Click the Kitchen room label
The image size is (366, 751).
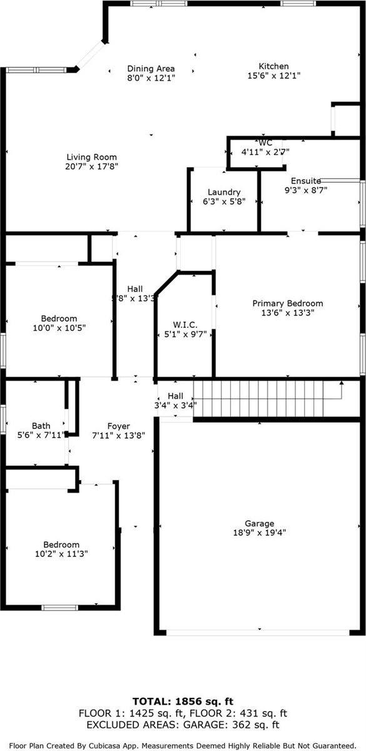(273, 66)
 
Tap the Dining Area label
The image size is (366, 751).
(151, 69)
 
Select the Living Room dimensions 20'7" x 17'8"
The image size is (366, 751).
(91, 166)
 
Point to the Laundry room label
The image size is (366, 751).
(224, 192)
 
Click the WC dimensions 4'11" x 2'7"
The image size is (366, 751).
(265, 152)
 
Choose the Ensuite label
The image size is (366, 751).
(306, 181)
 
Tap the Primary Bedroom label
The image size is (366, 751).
(288, 304)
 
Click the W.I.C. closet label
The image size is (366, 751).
(185, 325)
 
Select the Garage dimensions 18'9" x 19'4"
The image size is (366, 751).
(259, 533)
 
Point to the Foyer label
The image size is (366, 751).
(118, 426)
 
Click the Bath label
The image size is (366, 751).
(41, 426)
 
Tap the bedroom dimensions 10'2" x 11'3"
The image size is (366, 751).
(61, 553)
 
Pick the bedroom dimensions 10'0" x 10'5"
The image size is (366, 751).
(59, 327)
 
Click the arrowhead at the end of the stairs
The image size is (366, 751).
(341, 382)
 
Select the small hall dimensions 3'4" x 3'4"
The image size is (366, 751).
(175, 406)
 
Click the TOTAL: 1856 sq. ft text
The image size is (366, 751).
(183, 701)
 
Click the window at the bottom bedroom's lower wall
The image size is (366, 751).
(59, 608)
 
